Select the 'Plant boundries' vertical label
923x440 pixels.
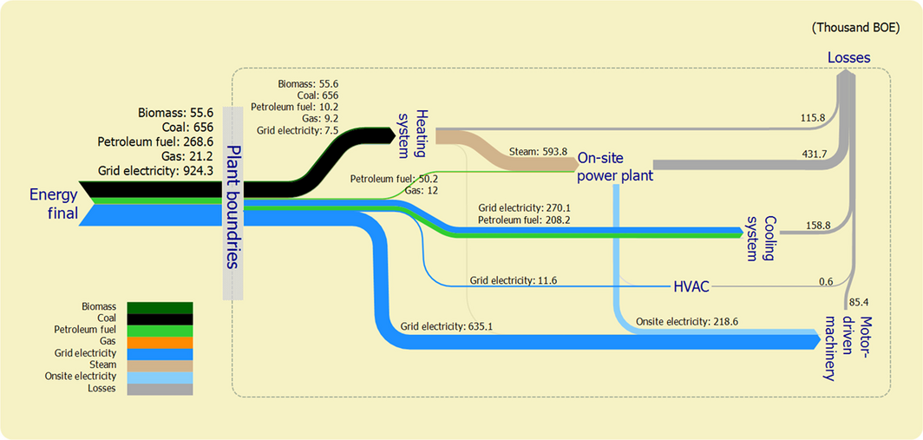(233, 204)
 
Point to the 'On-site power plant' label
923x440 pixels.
(615, 167)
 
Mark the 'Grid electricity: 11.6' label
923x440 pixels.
(514, 280)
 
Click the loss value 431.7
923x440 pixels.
(815, 154)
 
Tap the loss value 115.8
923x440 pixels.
(815, 116)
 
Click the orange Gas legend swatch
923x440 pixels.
(160, 342)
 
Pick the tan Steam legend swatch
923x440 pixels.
(160, 365)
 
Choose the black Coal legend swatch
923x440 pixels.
(160, 319)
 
